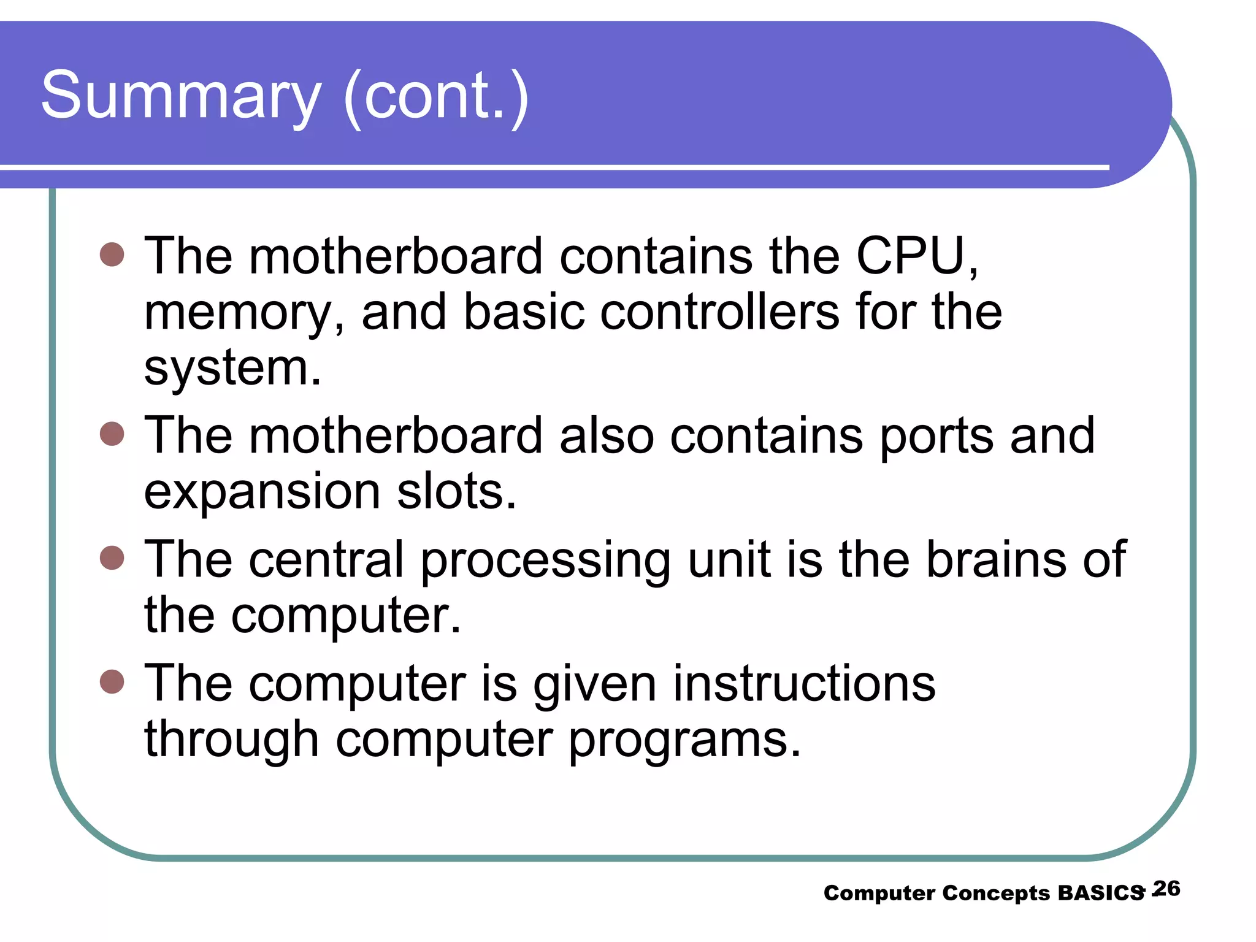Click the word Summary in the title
point(181,96)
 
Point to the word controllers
point(719,312)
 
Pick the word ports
point(936,436)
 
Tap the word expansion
point(262,492)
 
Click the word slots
point(456,492)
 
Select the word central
point(326,559)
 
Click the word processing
point(545,561)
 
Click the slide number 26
point(1166,889)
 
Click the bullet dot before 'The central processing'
point(112,557)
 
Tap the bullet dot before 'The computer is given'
point(112,681)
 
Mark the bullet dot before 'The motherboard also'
point(112,434)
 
